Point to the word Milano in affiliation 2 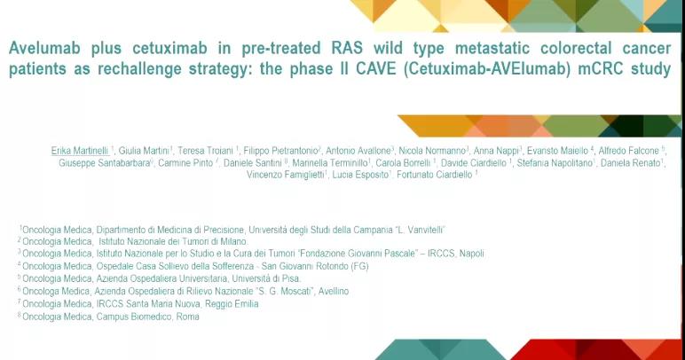(x=233, y=241)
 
